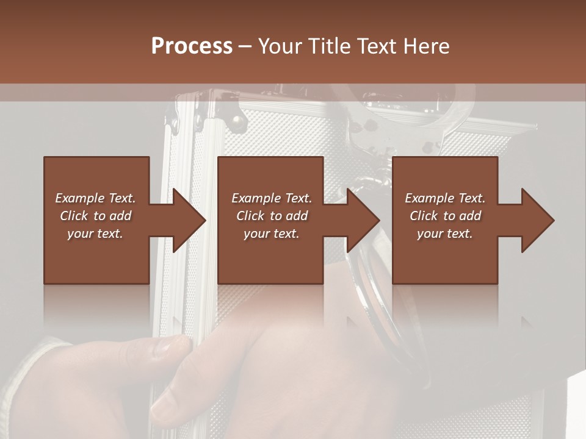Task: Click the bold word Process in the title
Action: (192, 46)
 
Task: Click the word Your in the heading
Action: (281, 46)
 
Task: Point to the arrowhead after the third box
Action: (537, 220)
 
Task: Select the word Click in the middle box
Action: (250, 216)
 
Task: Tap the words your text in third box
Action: (444, 234)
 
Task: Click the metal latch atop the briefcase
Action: (232, 110)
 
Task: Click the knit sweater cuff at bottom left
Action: (24, 378)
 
